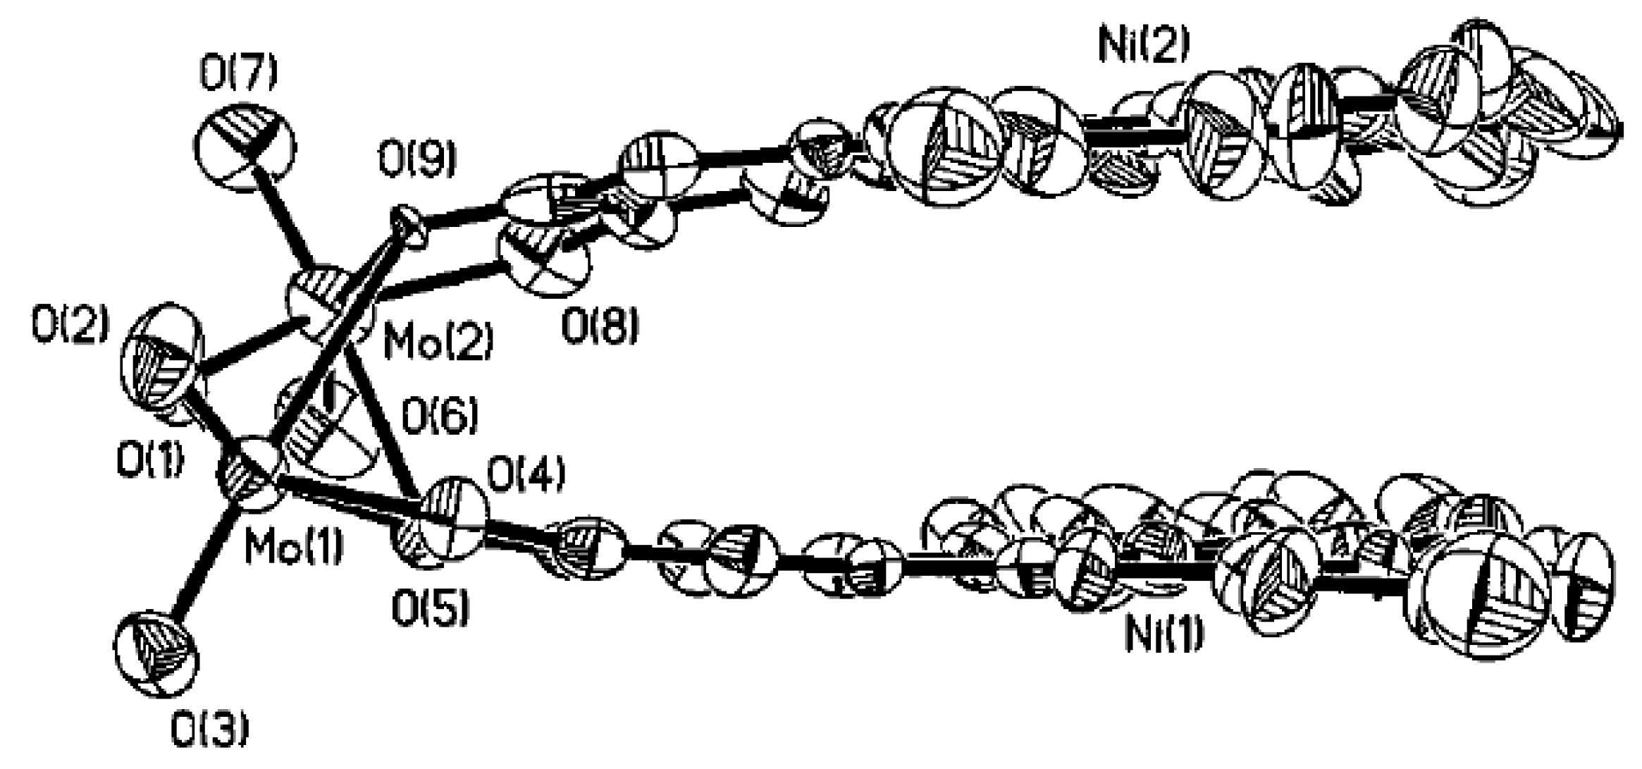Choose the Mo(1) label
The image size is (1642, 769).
[294, 546]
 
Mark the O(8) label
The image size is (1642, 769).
[600, 327]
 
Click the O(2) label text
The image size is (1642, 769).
[70, 325]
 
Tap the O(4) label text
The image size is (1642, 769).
[526, 476]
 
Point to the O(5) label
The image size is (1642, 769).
[430, 609]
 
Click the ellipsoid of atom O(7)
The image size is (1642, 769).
[244, 147]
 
